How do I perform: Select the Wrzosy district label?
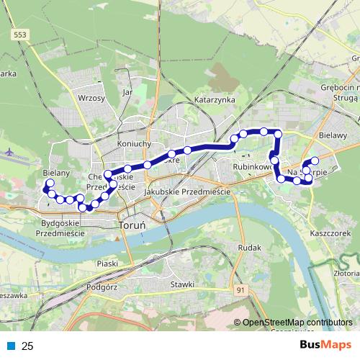point(91,98)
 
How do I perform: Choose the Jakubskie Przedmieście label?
point(186,192)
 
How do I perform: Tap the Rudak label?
point(248,248)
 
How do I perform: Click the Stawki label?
point(183,284)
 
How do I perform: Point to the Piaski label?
point(107,264)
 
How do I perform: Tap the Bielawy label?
point(333,135)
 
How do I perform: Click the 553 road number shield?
point(21,34)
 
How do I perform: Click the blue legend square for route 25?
point(10,346)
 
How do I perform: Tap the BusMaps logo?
point(327,345)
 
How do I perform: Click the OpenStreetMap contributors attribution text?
point(297,323)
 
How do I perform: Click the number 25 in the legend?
point(28,346)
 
